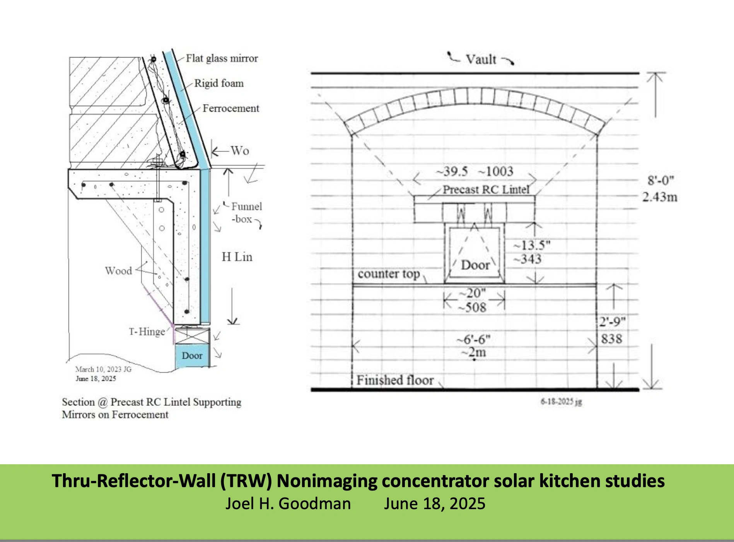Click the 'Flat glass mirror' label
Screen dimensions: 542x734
(x=222, y=58)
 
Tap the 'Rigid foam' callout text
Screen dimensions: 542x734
(x=219, y=84)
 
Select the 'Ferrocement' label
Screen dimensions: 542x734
(x=231, y=108)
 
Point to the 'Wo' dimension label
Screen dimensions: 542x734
(x=240, y=150)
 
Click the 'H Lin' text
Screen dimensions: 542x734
(x=237, y=257)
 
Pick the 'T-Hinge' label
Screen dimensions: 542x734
(x=147, y=332)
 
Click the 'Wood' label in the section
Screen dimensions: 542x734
(x=119, y=271)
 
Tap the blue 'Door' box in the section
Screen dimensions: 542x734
(x=192, y=356)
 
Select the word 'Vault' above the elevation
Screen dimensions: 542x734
(x=481, y=60)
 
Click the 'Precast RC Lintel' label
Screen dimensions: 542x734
(x=486, y=189)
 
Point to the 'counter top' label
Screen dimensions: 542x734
(x=389, y=274)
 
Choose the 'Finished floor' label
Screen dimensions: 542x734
(x=395, y=380)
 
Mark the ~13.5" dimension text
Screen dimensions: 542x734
(x=532, y=245)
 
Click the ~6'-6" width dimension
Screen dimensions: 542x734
(x=473, y=339)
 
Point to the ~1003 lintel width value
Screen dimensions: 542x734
(x=496, y=171)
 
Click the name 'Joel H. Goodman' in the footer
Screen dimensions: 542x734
(x=288, y=503)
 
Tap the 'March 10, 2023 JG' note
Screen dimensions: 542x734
(x=103, y=369)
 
